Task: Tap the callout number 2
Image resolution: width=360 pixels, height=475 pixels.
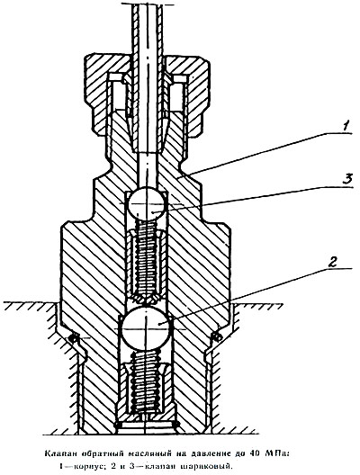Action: (x=332, y=262)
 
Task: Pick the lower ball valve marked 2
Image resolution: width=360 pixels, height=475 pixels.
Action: (x=146, y=328)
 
